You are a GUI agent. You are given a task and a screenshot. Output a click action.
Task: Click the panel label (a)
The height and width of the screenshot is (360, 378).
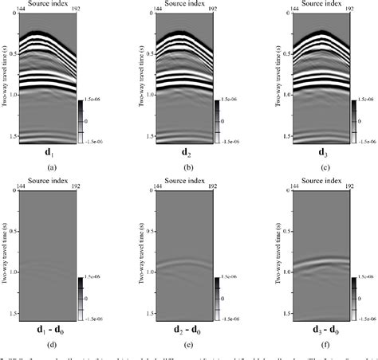51,168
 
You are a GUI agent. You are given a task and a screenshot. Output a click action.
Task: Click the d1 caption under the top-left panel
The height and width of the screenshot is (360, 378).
50,152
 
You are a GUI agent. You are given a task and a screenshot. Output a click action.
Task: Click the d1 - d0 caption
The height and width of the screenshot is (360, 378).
50,330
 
